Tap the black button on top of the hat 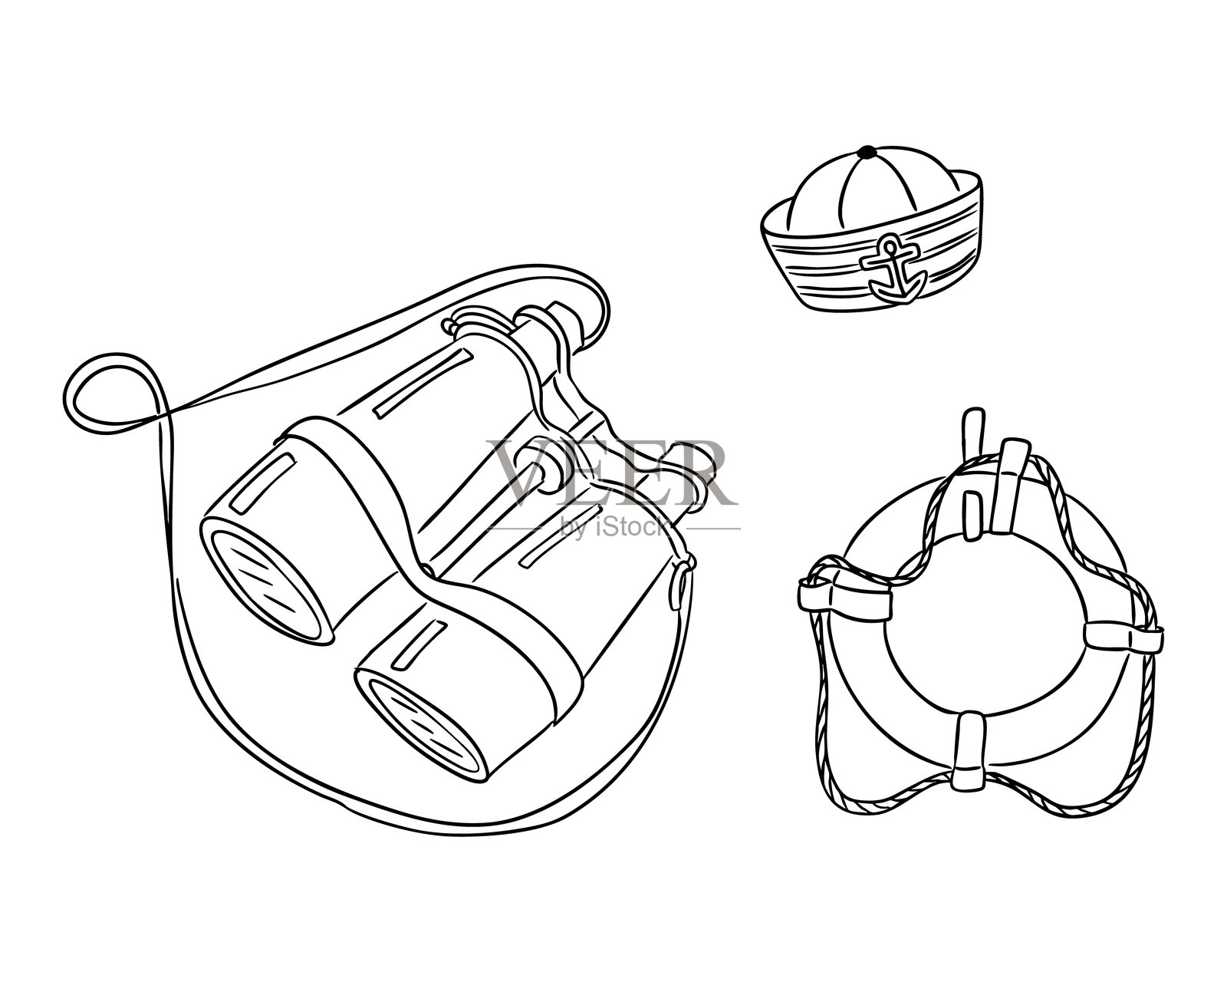[867, 152]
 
